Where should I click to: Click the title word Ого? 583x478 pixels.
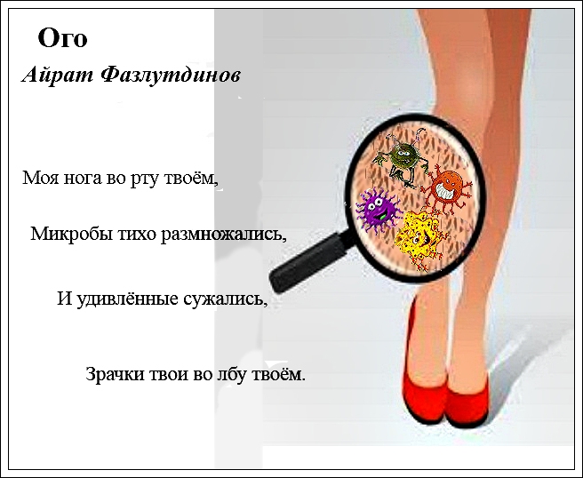tap(62, 38)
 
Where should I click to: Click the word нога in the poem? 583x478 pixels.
tap(83, 178)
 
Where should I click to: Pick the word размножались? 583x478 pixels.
tap(223, 235)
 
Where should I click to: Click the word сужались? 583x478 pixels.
tap(226, 299)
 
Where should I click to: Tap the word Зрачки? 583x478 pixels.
tap(116, 374)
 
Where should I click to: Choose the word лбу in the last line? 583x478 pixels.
tap(232, 374)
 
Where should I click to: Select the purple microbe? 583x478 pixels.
tap(379, 210)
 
